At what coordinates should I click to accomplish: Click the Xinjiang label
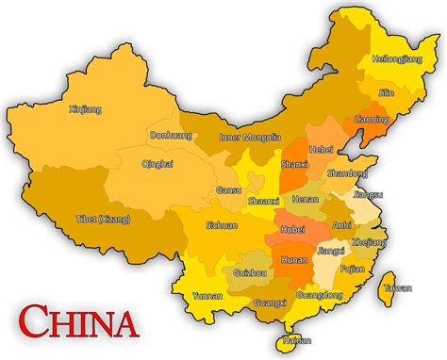84,108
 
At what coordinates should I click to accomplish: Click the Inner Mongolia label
250,137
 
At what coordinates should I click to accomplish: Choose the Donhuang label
171,135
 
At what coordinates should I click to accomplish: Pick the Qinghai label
157,163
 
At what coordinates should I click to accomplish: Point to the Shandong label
347,173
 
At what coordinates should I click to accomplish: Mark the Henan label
306,200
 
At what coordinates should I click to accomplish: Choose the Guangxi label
271,303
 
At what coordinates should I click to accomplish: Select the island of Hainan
296,340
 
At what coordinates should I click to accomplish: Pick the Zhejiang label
368,241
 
